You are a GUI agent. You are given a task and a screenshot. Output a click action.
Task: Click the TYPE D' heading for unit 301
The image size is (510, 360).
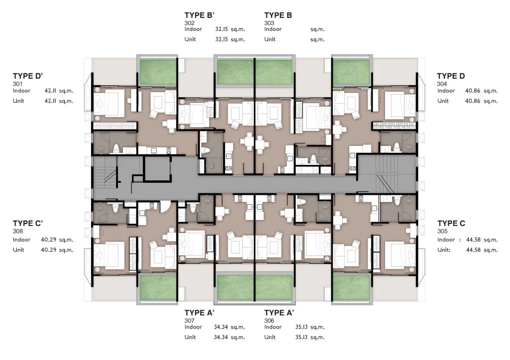pyautogui.click(x=28, y=76)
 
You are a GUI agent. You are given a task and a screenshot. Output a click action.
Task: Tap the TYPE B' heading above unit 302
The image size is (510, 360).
pyautogui.click(x=199, y=15)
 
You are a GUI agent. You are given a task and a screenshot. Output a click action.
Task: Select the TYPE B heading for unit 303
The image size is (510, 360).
pyautogui.click(x=278, y=15)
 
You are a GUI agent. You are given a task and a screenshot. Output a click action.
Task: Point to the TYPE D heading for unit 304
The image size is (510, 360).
pyautogui.click(x=451, y=76)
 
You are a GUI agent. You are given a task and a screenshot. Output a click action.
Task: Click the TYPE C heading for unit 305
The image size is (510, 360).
pyautogui.click(x=451, y=224)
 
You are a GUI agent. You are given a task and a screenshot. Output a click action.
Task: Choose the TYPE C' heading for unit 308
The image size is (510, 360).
pyautogui.click(x=28, y=224)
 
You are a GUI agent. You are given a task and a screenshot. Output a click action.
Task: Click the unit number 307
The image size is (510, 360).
pyautogui.click(x=189, y=321)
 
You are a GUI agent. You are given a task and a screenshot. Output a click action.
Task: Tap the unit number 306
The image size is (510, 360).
pyautogui.click(x=269, y=321)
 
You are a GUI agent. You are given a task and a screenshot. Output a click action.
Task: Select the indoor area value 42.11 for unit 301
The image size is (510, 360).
pyautogui.click(x=50, y=91)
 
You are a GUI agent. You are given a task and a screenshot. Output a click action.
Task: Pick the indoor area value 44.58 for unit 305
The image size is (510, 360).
pyautogui.click(x=474, y=240)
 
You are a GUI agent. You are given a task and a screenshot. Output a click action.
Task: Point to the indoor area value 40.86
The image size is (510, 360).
pyautogui.click(x=473, y=91)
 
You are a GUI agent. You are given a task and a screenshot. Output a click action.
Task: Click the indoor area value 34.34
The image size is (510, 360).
pyautogui.click(x=221, y=327)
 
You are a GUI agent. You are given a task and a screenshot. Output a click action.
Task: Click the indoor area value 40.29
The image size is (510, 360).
pyautogui.click(x=48, y=240)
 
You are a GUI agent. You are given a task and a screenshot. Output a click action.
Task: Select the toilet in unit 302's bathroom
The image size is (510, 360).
pyautogui.click(x=205, y=151)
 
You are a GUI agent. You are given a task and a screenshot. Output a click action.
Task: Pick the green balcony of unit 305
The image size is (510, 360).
pyautogui.click(x=351, y=287)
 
